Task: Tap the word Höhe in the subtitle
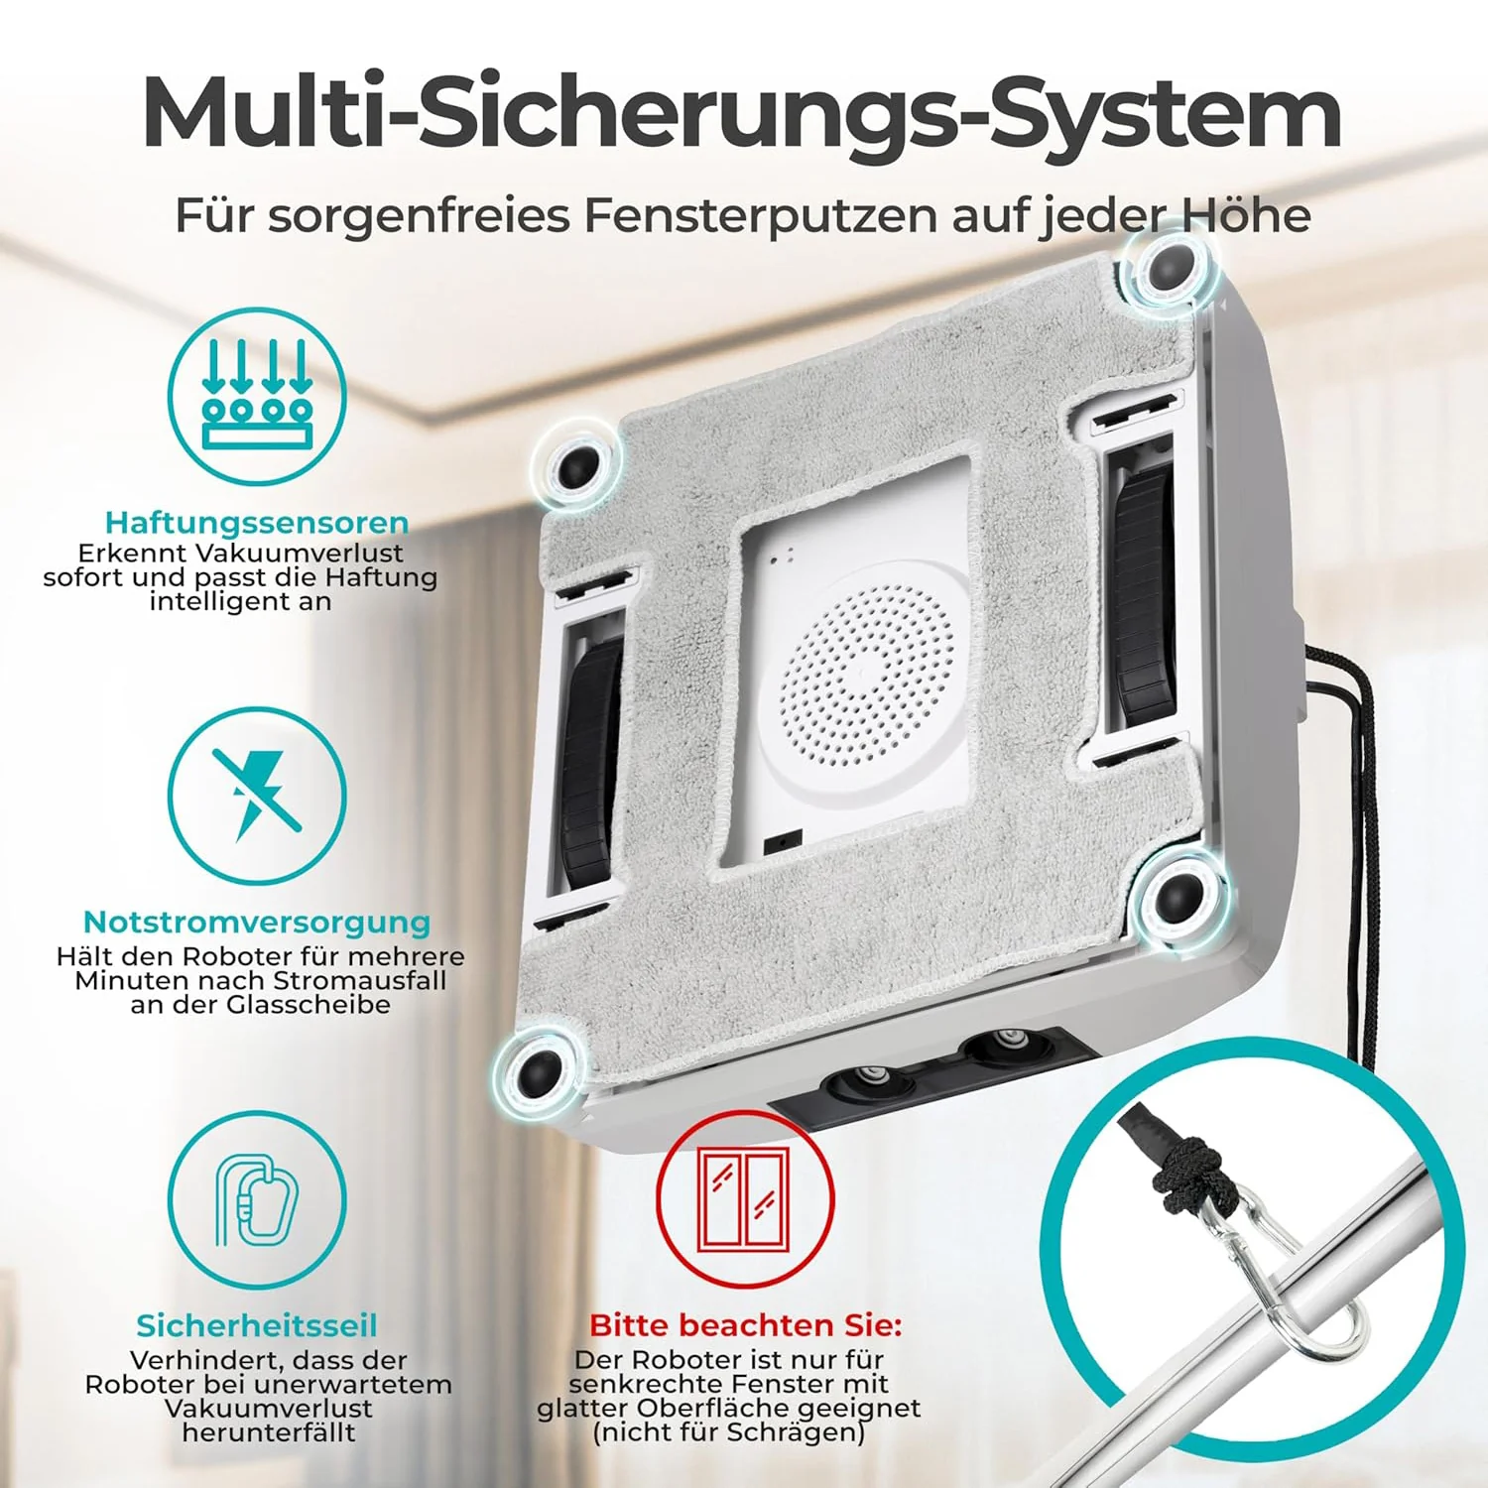pyautogui.click(x=1245, y=214)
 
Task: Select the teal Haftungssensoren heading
pyautogui.click(x=257, y=523)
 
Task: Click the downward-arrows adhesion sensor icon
pyautogui.click(x=257, y=396)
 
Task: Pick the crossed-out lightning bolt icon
pyautogui.click(x=257, y=795)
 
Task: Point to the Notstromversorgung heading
pyautogui.click(x=257, y=922)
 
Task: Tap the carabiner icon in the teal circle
pyautogui.click(x=257, y=1199)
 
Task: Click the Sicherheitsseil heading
pyautogui.click(x=257, y=1325)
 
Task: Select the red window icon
pyautogui.click(x=745, y=1199)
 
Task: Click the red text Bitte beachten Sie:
pyautogui.click(x=746, y=1325)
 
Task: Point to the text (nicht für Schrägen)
pyautogui.click(x=729, y=1432)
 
